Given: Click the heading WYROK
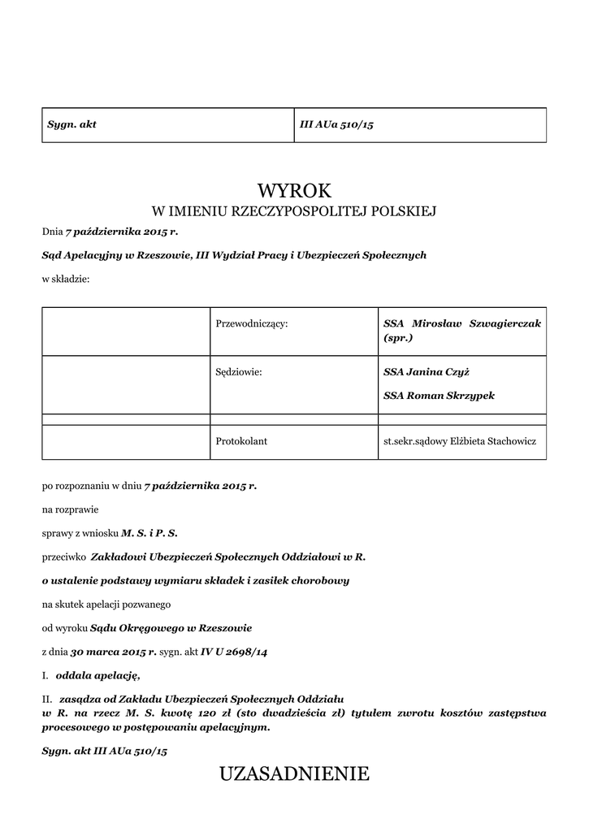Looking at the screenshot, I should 294,191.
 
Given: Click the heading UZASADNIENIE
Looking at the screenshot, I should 294,774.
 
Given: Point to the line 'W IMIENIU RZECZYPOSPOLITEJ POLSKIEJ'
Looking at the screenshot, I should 294,213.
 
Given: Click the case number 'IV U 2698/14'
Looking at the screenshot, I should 234,652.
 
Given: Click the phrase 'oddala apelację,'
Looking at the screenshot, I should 97,675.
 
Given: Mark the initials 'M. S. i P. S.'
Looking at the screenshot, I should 149,533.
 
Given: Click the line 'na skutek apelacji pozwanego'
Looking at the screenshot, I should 106,604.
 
